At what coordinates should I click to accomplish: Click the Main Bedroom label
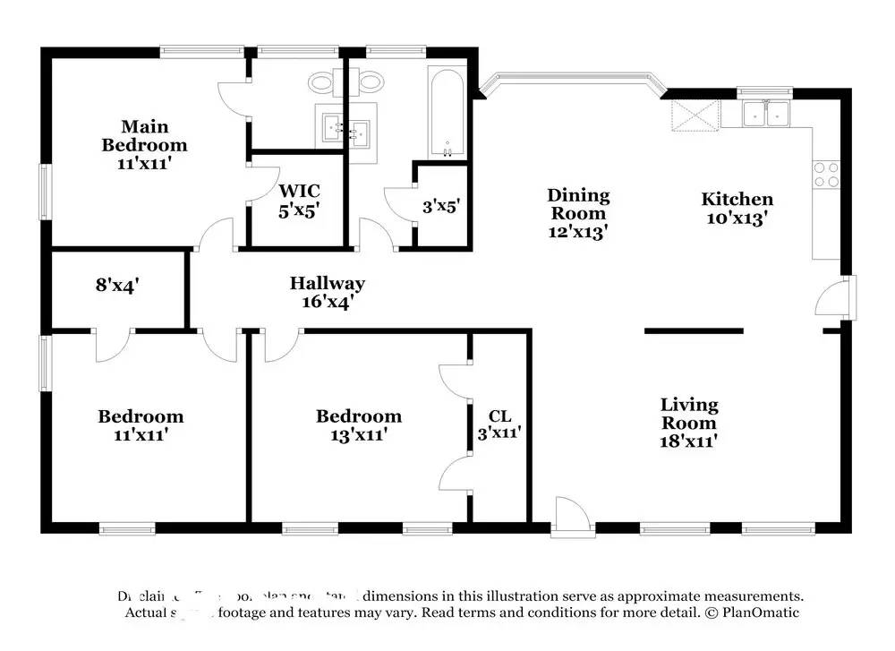[144, 145]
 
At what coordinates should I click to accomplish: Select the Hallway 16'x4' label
[327, 293]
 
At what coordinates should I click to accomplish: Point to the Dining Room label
[578, 213]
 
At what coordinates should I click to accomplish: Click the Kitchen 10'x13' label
[737, 209]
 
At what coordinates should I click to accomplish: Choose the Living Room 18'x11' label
[689, 422]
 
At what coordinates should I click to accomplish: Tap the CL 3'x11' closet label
[499, 424]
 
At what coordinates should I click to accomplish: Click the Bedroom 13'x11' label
[358, 425]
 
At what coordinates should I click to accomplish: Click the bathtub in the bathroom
[445, 112]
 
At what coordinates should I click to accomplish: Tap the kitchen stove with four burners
[825, 174]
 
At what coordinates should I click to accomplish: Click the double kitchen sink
[765, 114]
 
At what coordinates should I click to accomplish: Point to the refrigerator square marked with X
[696, 115]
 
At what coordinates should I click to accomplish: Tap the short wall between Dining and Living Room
[694, 331]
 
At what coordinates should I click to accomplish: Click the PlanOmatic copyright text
[752, 613]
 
